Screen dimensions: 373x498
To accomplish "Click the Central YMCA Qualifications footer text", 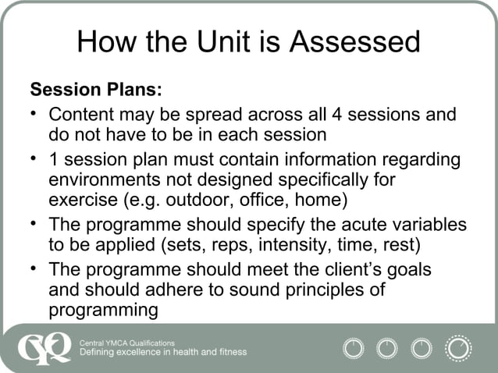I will (x=128, y=343).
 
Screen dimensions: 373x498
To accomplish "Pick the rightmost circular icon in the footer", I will (x=458, y=347).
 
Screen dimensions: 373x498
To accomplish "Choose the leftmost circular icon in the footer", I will (x=354, y=347).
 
